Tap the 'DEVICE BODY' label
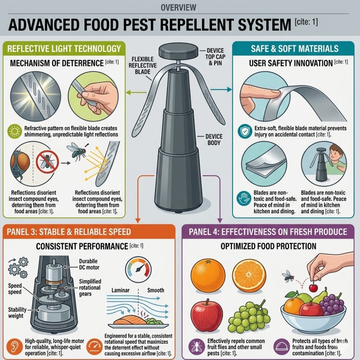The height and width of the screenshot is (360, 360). point(214,140)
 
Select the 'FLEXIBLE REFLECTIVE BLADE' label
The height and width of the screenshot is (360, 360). point(143,65)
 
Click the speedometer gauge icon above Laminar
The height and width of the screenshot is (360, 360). point(138,270)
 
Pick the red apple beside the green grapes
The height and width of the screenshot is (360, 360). point(206,315)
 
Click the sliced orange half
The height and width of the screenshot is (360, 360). point(249,276)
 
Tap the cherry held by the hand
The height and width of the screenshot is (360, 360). point(313,287)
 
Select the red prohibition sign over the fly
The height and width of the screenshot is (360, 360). point(47,162)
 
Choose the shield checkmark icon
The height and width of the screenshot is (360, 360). point(245,132)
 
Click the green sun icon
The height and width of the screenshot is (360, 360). point(15,132)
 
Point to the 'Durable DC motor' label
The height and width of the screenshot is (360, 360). point(89,264)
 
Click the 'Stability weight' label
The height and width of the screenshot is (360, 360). point(17,313)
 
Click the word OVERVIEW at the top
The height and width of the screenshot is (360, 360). point(179,8)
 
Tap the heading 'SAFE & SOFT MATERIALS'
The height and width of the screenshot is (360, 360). point(295,48)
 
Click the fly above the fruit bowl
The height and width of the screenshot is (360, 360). point(288,276)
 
